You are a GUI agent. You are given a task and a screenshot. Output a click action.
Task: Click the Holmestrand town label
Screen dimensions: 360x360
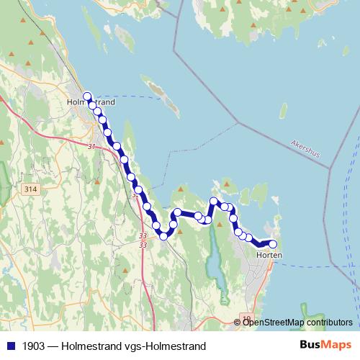[91, 102]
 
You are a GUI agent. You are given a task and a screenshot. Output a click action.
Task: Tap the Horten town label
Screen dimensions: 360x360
[269, 256]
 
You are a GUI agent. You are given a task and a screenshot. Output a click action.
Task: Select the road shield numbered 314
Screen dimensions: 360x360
[30, 189]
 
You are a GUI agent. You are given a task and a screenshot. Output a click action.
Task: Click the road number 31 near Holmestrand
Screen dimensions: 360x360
[91, 148]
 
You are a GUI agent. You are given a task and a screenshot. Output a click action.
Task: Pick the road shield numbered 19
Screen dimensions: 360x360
[247, 318]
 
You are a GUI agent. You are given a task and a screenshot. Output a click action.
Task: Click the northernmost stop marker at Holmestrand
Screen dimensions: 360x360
[87, 96]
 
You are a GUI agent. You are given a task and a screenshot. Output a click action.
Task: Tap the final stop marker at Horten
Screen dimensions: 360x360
[273, 243]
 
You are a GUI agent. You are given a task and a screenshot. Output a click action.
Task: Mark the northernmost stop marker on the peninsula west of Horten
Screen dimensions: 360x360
[213, 201]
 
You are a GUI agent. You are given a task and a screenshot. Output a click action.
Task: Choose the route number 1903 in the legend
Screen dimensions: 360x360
[32, 346]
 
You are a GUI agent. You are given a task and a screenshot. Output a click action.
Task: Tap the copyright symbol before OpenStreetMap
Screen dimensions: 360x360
[238, 322]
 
